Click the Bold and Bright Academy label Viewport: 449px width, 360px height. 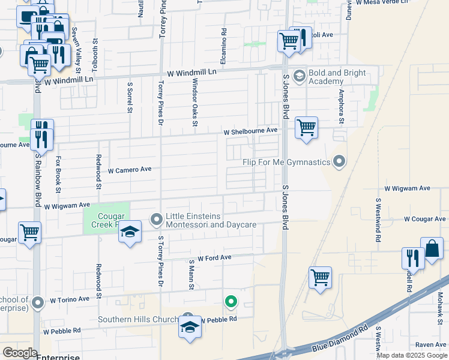click(x=337, y=77)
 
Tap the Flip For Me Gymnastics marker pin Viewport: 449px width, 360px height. click(x=340, y=162)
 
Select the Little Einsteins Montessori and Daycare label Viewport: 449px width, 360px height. click(x=211, y=220)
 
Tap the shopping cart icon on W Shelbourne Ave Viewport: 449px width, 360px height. click(x=306, y=127)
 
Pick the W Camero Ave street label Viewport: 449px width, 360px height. click(x=130, y=170)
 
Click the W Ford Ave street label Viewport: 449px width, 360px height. click(x=214, y=257)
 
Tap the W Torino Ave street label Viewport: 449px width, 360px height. click(x=70, y=299)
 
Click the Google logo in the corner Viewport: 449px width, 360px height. click(x=19, y=353)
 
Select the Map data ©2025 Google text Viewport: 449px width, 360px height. click(x=412, y=355)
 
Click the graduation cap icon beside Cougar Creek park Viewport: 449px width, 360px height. click(x=129, y=232)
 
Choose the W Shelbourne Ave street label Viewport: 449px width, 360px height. click(x=250, y=131)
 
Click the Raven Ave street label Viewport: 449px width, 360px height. click(x=430, y=345)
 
